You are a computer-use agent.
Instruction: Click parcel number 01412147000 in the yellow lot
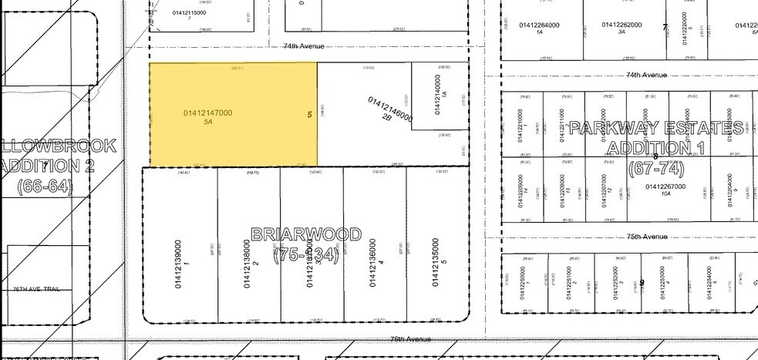207,113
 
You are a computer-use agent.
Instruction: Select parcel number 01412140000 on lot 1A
438,94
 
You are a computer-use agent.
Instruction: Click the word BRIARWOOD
306,234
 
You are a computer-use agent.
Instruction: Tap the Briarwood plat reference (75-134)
306,254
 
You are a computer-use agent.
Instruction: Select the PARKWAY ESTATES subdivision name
656,128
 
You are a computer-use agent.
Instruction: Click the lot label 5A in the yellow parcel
207,122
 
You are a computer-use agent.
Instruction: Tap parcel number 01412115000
188,12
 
